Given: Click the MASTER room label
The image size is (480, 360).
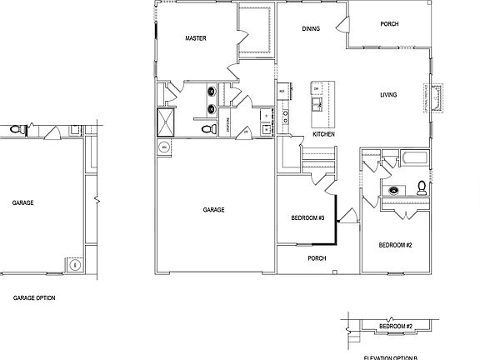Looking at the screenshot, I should point(195,38).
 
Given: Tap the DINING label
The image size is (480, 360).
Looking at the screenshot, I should point(311,29).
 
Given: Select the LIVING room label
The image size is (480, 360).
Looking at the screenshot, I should point(388,94).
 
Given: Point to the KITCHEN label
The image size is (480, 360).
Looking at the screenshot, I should point(324,133).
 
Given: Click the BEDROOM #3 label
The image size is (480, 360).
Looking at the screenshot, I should point(307,218).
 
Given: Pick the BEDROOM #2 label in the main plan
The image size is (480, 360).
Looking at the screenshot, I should point(396,245).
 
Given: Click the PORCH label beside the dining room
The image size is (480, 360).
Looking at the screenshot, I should point(388,24).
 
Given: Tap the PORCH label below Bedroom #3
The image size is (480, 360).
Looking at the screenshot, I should point(317,257).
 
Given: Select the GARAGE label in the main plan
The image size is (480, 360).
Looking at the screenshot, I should point(213,210).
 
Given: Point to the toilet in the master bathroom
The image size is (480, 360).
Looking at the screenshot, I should point(205,128).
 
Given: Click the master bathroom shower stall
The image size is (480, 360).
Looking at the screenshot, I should point(167,122).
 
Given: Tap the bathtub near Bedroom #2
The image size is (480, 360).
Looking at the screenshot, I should point(414,157).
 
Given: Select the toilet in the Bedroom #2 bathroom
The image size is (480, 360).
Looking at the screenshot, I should point(422,187).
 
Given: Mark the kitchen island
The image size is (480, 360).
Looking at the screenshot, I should point(317,97).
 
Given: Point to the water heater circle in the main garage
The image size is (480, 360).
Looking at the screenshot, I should point(163,148).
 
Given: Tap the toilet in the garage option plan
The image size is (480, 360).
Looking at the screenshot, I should point(15,130).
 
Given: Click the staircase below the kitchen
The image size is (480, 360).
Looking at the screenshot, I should point(317,157).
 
